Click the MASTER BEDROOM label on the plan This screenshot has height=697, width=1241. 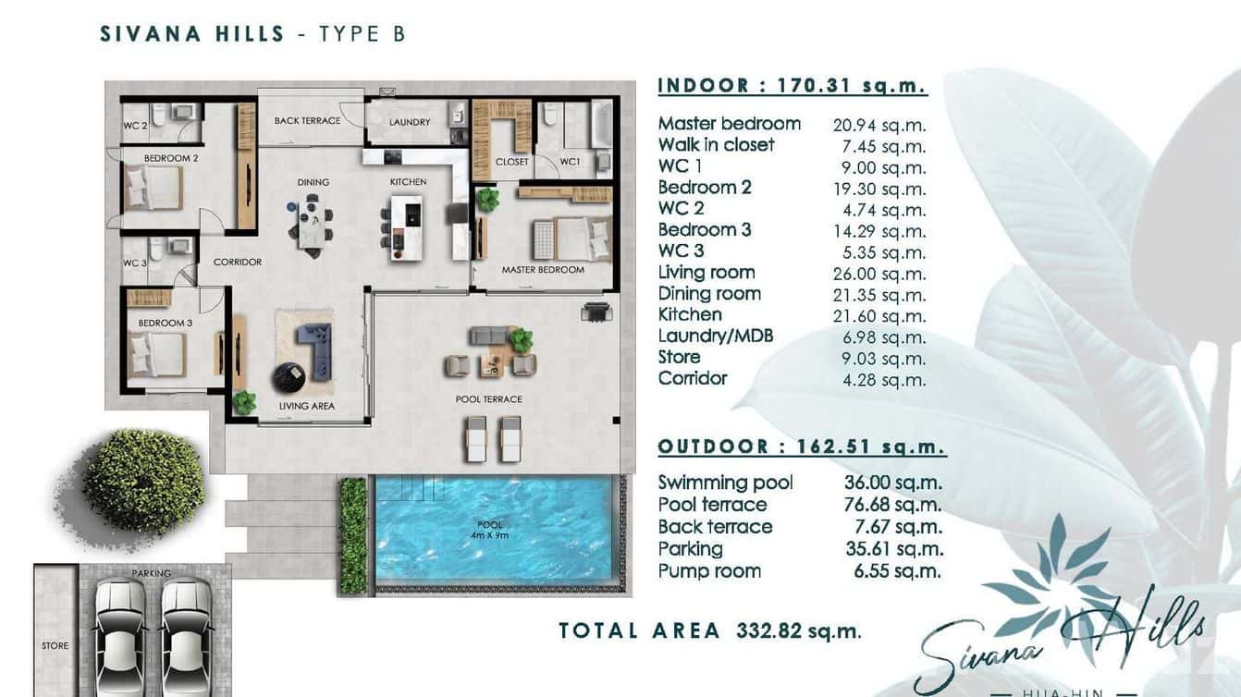point(543,270)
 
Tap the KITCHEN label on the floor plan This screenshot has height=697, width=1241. point(407,182)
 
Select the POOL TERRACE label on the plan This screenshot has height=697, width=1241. point(489,399)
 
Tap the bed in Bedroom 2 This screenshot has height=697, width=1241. point(154,189)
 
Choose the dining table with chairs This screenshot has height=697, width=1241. point(312,225)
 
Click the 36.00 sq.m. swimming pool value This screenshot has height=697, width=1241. point(892,483)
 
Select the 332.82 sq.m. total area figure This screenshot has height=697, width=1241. point(798,631)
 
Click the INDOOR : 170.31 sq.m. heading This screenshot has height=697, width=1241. point(792,86)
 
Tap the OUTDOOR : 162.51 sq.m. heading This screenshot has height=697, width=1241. point(801,447)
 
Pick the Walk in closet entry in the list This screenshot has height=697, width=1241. point(716,145)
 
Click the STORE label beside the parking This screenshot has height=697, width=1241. point(55,645)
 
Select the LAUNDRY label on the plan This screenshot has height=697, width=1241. point(410,122)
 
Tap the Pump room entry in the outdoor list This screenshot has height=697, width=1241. point(709,571)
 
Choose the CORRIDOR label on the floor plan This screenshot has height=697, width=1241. point(238,262)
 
